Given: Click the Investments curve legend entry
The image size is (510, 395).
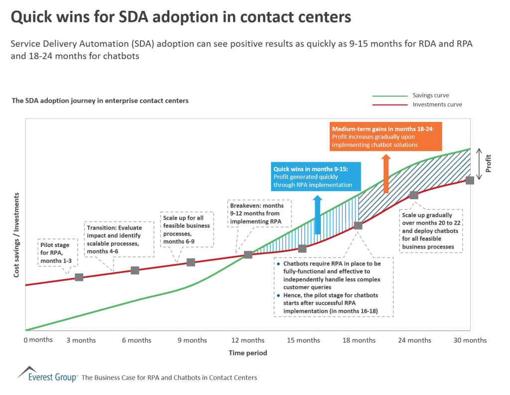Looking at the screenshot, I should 437,105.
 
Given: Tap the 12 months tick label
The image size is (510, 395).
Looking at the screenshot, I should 248,340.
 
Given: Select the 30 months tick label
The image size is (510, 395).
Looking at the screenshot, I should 470,340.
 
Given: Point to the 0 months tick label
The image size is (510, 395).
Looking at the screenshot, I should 38,340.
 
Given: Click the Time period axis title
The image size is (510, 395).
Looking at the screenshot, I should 248,353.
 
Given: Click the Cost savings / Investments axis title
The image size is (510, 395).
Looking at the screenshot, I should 16,235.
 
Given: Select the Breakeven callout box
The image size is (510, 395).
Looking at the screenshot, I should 256,213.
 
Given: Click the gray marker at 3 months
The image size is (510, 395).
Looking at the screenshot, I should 79,277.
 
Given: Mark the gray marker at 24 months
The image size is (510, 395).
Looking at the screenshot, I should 414,195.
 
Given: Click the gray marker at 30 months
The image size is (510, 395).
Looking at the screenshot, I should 470,180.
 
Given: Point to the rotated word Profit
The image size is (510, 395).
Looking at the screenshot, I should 488,164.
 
